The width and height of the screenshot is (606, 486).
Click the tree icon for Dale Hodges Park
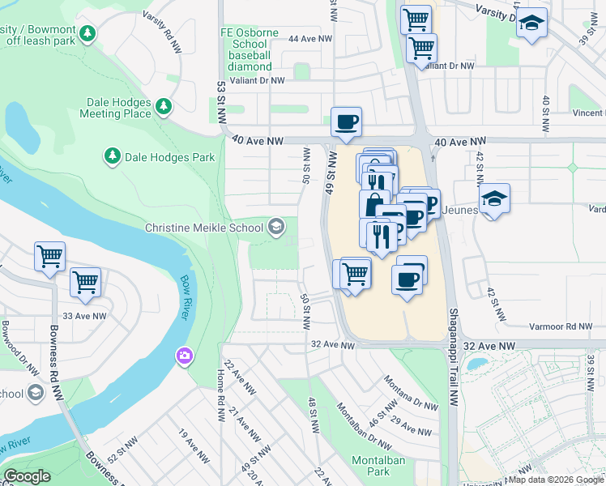tap(112, 155)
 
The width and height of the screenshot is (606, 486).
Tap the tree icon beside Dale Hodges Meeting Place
tap(164, 106)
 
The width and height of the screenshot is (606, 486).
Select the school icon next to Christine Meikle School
tap(276, 228)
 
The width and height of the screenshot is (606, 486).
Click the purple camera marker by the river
tap(185, 356)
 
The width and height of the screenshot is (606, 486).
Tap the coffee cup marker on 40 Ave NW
tap(346, 122)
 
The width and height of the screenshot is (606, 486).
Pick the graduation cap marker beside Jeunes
tap(494, 198)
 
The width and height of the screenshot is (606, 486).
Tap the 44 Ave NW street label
tap(310, 39)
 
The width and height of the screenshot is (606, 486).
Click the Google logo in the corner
tap(27, 476)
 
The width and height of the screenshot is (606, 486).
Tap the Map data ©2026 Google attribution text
tap(556, 480)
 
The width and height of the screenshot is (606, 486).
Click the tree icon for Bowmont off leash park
tap(86, 34)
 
